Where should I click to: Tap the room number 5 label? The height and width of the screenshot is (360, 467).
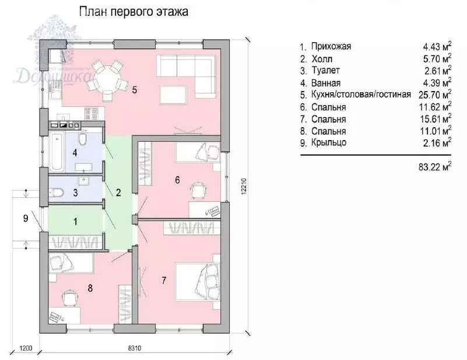(134, 90)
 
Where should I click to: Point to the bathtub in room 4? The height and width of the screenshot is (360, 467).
(57, 151)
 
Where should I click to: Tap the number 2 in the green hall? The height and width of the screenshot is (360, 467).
(118, 192)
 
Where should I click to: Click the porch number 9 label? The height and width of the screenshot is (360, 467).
(24, 218)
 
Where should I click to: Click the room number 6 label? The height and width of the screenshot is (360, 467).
(177, 180)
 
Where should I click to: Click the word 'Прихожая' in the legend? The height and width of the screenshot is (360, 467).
(331, 46)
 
